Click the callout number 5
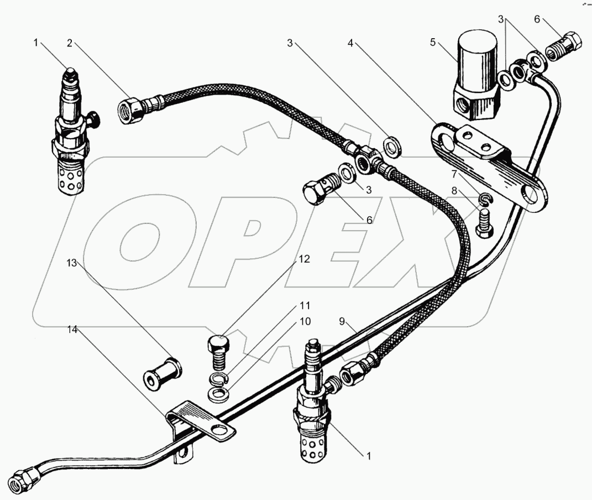point(433,42)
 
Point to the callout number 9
point(342,321)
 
